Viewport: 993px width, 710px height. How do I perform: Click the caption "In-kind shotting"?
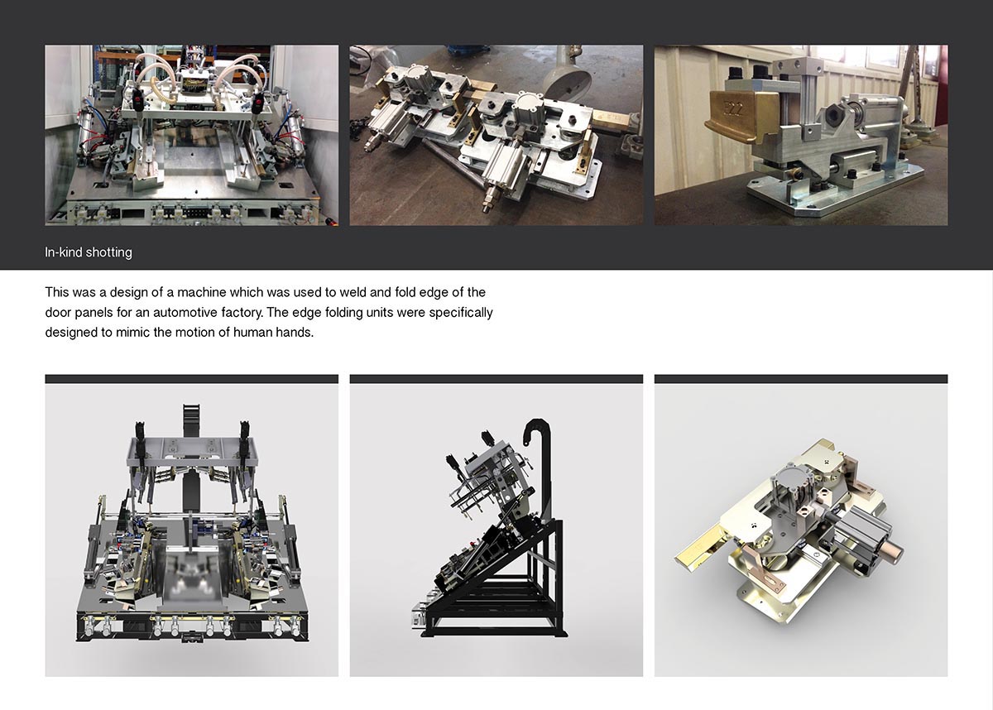pyautogui.click(x=89, y=252)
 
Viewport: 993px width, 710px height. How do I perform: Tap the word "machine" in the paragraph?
pyautogui.click(x=201, y=292)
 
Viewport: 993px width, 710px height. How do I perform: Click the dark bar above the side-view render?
pyautogui.click(x=496, y=378)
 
